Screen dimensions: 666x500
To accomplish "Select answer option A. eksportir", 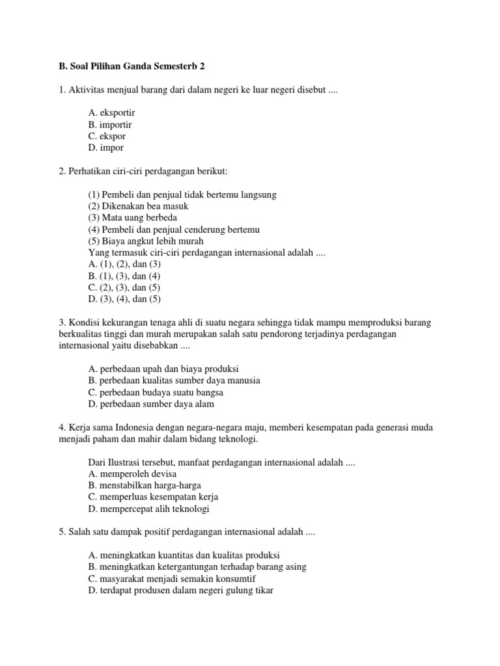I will click(112, 113).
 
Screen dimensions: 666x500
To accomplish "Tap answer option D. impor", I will click(105, 148).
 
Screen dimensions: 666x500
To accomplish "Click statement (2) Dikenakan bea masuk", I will click(138, 206).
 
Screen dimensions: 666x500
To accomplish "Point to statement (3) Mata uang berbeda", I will click(132, 218).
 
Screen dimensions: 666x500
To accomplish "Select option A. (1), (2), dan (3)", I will click(124, 265).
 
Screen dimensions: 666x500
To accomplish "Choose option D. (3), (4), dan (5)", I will click(124, 300).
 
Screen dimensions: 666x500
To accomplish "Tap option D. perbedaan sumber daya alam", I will click(156, 404).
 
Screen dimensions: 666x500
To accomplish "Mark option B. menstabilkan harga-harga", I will click(145, 486).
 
